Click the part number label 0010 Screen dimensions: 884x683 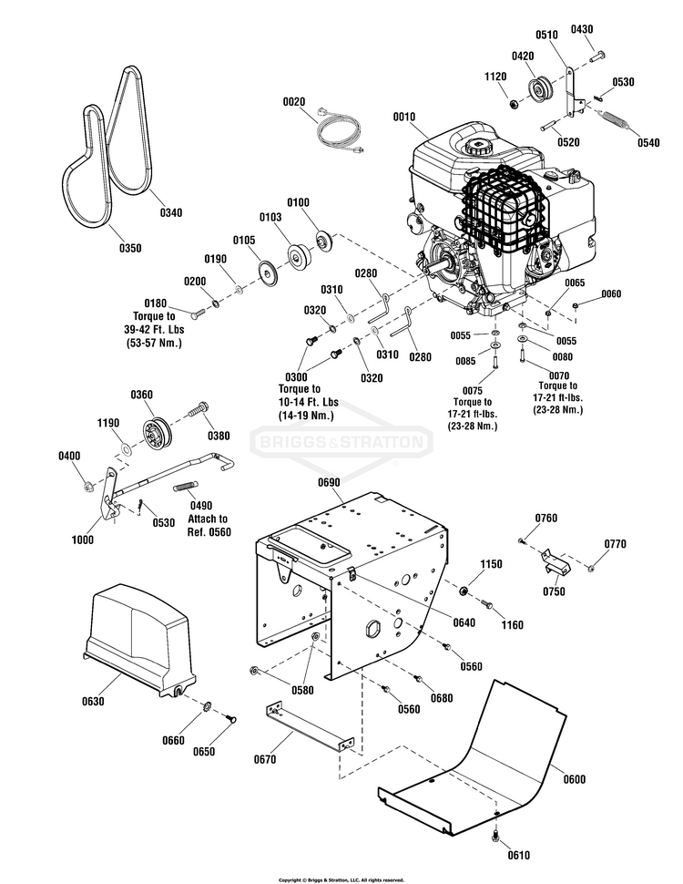[403, 118]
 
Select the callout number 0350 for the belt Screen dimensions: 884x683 [130, 248]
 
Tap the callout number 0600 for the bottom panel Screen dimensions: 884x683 [575, 779]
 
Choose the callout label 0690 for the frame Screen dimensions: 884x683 [330, 480]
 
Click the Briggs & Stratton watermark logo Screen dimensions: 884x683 [341, 444]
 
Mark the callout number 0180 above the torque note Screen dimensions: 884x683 [156, 303]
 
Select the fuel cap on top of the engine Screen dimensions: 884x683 [476, 146]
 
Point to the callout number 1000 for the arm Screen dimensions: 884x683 [83, 540]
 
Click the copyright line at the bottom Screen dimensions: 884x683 [341, 879]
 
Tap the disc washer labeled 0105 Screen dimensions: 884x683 [268, 271]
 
